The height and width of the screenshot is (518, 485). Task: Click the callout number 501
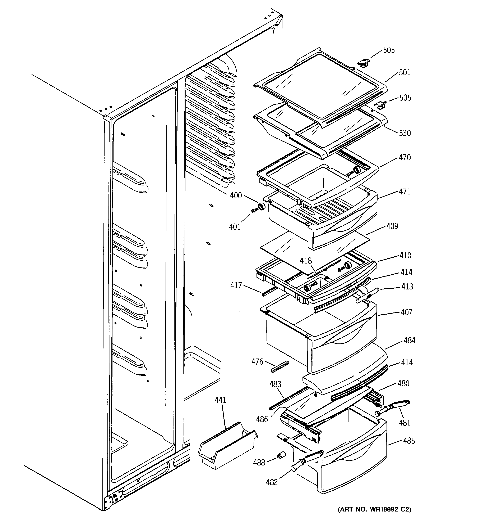click(x=405, y=72)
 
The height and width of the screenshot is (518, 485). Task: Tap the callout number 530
click(x=405, y=133)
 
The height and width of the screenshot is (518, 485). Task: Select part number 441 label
click(x=220, y=400)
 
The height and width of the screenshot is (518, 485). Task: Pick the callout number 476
click(x=257, y=362)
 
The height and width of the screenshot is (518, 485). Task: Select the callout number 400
click(x=236, y=195)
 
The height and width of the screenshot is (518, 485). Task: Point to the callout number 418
click(x=306, y=261)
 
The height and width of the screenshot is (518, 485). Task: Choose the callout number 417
click(x=236, y=285)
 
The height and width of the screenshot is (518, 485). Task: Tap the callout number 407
click(x=406, y=312)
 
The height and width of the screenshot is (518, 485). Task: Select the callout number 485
click(x=409, y=441)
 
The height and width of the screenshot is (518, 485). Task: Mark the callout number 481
click(x=404, y=422)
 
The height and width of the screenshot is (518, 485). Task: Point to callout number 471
click(x=405, y=192)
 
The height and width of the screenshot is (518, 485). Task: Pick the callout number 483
click(x=275, y=384)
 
